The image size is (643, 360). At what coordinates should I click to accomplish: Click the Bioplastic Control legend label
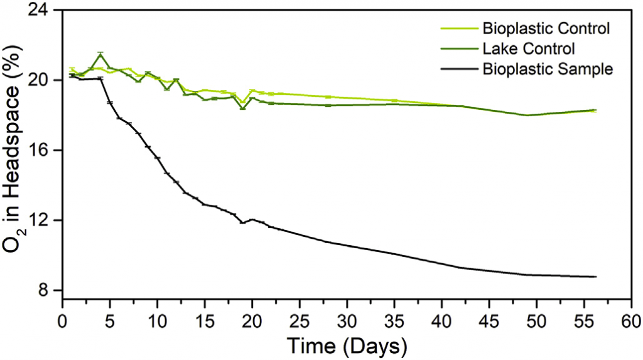[x=546, y=28]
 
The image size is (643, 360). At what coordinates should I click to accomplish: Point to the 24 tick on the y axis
[x=43, y=11]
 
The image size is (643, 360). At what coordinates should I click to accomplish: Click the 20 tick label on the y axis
[x=43, y=80]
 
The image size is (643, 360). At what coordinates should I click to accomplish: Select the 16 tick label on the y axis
[x=43, y=150]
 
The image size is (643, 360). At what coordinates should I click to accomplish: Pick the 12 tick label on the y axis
[x=43, y=221]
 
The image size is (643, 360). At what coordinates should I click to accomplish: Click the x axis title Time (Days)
[x=347, y=345]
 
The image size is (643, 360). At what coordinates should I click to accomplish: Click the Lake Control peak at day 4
[x=100, y=54]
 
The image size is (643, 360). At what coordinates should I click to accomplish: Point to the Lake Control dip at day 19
[x=242, y=109]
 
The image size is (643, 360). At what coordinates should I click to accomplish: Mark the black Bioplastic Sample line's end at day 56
[x=595, y=276]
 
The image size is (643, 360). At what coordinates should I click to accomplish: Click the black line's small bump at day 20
[x=252, y=219]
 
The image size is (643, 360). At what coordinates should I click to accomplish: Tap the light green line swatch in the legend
[x=457, y=28]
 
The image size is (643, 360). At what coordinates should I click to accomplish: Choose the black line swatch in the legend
[x=457, y=68]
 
